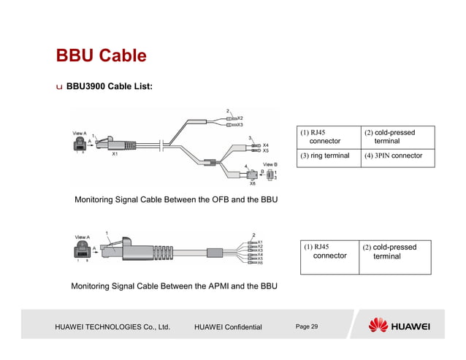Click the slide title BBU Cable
pyautogui.click(x=101, y=55)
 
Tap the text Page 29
pyautogui.click(x=307, y=326)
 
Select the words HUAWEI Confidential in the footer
pyautogui.click(x=228, y=326)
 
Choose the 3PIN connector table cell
pyautogui.click(x=397, y=156)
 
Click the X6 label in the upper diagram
pyautogui.click(x=252, y=184)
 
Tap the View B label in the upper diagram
pyautogui.click(x=269, y=164)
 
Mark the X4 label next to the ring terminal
pyautogui.click(x=266, y=145)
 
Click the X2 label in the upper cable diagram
pyautogui.click(x=240, y=118)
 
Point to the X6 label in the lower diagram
pyautogui.click(x=261, y=263)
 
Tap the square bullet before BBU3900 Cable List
pyautogui.click(x=59, y=87)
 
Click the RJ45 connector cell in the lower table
pyautogui.click(x=329, y=252)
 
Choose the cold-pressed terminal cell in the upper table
pyautogui.click(x=397, y=137)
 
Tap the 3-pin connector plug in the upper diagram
pyautogui.click(x=253, y=175)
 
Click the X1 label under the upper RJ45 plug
pyautogui.click(x=115, y=155)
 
